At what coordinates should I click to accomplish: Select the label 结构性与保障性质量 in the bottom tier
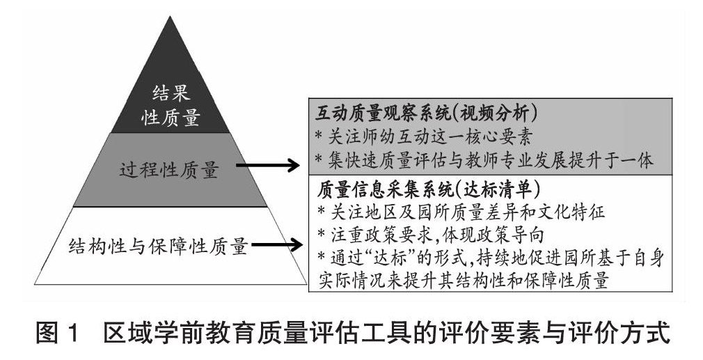point(159,245)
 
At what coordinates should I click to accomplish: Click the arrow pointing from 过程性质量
point(271,166)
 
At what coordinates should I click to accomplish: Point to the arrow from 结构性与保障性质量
point(277,244)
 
